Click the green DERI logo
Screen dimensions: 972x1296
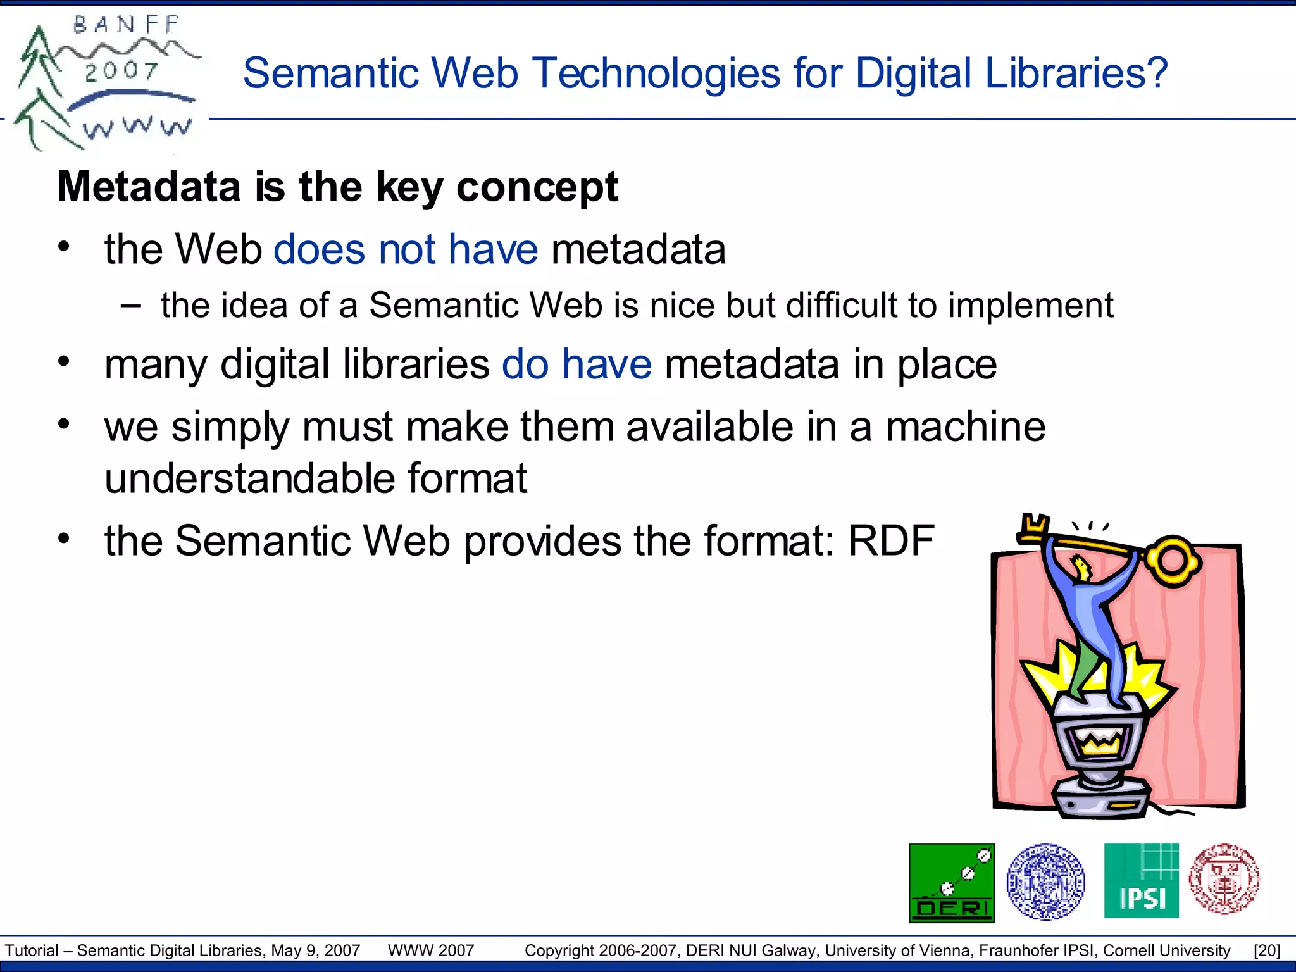pos(951,882)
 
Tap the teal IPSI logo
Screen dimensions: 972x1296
pos(1141,880)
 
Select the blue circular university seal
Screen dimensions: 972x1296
pos(1045,881)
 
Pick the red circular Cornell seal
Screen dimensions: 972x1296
pos(1224,879)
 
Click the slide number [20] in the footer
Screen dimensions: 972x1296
pos(1267,950)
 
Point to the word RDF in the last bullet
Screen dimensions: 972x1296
pos(891,541)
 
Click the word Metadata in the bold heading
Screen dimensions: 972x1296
pos(149,187)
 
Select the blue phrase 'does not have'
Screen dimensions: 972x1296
pos(406,249)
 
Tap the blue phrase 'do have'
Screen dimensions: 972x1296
pos(576,364)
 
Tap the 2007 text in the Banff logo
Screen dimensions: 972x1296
pos(121,72)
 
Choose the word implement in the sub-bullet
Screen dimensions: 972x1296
pos(1030,305)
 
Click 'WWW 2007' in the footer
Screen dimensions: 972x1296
pos(431,950)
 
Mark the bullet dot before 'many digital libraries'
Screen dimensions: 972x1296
pos(63,362)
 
